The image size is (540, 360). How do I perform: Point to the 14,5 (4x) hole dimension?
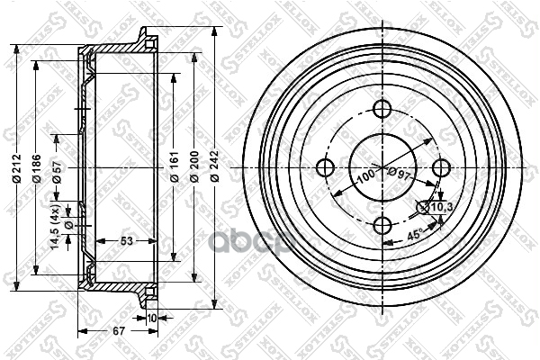point(57,228)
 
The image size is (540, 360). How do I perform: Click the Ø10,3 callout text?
point(440,208)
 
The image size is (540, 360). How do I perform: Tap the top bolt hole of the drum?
point(383,110)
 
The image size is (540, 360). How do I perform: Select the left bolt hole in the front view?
point(326,167)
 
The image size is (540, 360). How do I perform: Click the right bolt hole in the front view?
point(441,167)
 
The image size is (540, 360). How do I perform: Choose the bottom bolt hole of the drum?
point(383,225)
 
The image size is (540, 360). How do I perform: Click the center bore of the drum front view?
point(383,167)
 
